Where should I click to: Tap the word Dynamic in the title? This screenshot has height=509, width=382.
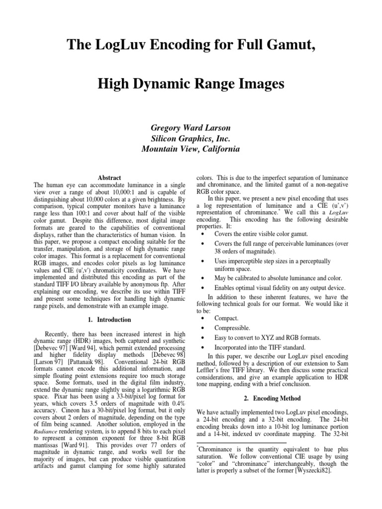tap(160, 84)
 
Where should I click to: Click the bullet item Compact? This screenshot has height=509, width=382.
tap(226, 318)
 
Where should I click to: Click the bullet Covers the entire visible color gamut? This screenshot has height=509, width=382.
tap(261, 234)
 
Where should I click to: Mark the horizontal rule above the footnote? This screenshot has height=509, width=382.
tap(242, 442)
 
